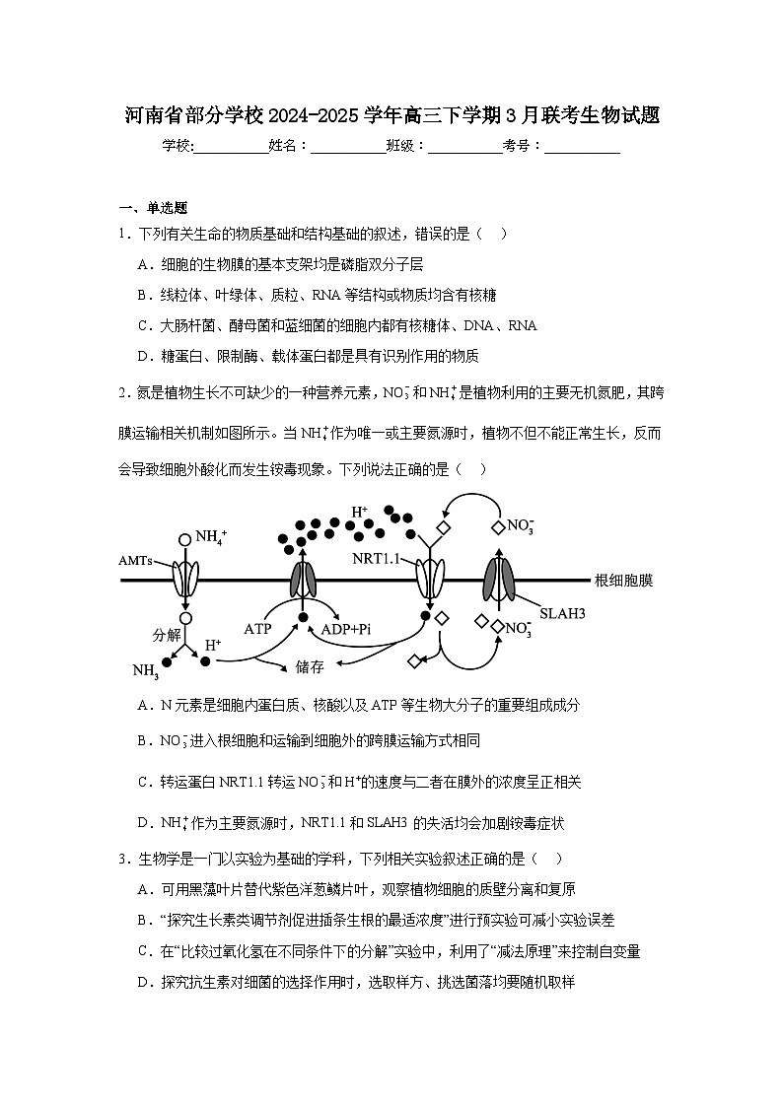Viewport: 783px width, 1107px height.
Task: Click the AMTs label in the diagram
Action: pos(136,559)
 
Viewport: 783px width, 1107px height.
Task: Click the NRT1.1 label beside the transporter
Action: pos(376,559)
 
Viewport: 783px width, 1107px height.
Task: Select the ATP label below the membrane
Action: pos(257,628)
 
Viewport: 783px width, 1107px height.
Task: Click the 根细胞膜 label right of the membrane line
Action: pos(623,581)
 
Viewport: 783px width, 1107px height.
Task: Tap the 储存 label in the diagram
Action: pos(310,666)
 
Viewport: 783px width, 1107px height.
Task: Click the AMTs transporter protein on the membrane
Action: pos(184,580)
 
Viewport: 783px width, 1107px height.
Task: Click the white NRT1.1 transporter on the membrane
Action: pos(430,580)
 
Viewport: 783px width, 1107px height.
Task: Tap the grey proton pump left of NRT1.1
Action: pos(303,580)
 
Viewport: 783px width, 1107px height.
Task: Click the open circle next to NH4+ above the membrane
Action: pos(184,539)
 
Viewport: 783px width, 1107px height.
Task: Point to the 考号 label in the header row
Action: pos(517,146)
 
